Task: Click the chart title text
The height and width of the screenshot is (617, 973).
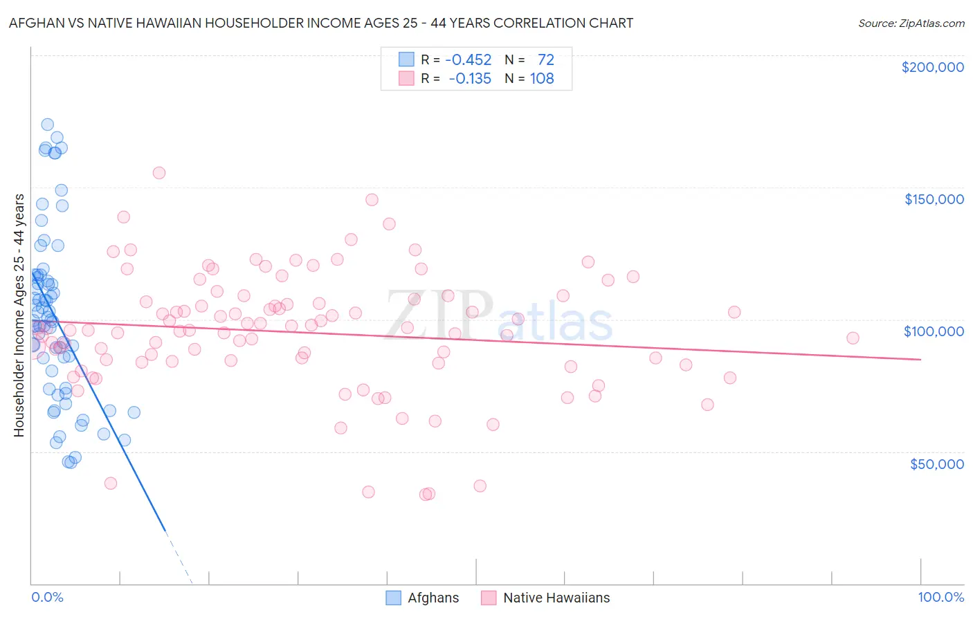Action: click(x=321, y=23)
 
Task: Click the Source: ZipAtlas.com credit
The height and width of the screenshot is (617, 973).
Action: click(x=911, y=23)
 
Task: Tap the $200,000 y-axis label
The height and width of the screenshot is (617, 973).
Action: click(x=932, y=67)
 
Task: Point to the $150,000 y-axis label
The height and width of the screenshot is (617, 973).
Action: click(x=934, y=199)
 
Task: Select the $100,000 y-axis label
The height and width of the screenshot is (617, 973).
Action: click(x=934, y=331)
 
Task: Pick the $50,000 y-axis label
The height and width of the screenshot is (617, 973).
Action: click(x=936, y=463)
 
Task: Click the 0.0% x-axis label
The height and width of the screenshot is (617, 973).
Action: click(x=47, y=597)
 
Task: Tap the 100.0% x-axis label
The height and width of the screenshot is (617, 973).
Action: click(x=940, y=597)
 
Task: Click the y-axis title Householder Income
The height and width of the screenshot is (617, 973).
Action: click(x=19, y=315)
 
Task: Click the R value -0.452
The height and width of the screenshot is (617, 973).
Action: click(x=469, y=60)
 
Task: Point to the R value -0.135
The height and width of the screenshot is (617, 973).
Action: click(x=470, y=79)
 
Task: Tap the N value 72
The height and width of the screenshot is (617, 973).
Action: click(x=545, y=60)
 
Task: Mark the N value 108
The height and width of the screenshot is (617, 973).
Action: click(x=542, y=79)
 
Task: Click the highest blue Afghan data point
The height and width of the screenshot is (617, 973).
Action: click(x=47, y=125)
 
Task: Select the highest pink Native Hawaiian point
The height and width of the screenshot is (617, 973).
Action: click(x=159, y=173)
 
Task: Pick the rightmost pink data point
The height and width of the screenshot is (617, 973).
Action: click(x=853, y=338)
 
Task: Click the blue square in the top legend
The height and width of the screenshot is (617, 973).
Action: click(x=406, y=60)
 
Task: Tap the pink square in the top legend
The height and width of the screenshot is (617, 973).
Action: click(x=406, y=79)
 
